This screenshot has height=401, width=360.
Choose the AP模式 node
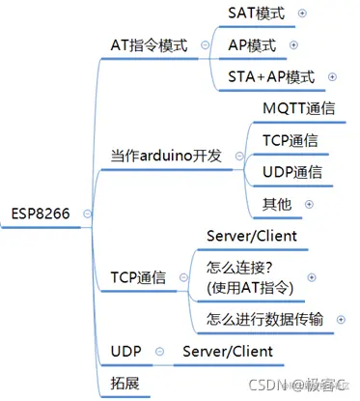(x=252, y=44)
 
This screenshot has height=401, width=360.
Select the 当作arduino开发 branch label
(x=165, y=156)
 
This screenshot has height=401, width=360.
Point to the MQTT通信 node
(x=298, y=109)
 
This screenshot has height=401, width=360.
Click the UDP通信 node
(x=291, y=172)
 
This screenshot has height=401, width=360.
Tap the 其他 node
(x=276, y=204)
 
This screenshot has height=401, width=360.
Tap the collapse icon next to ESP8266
(x=88, y=214)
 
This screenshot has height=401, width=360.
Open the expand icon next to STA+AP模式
(x=332, y=76)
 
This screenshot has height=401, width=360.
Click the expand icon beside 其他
(x=308, y=204)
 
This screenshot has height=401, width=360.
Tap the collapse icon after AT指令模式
(x=205, y=45)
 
